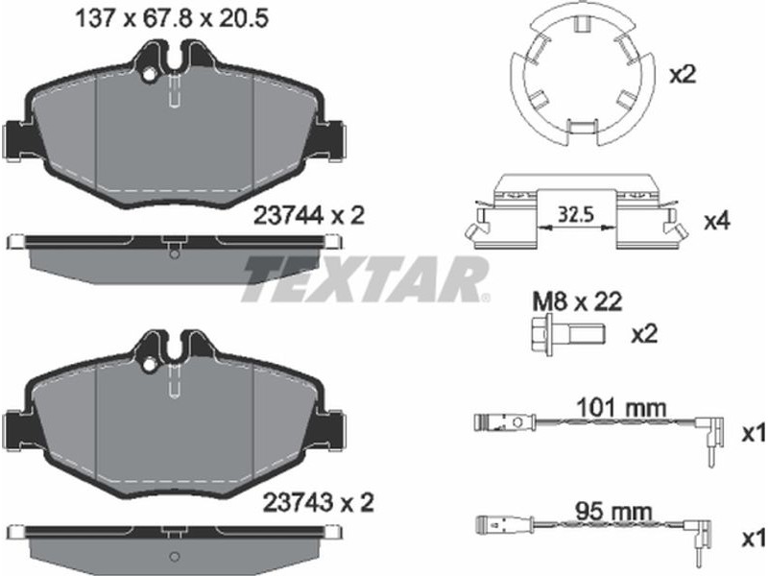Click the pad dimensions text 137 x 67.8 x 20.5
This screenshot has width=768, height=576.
point(172,19)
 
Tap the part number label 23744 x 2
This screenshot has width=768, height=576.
point(309,215)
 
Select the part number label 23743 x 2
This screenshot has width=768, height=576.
point(319,502)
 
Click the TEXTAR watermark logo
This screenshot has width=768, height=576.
point(365,277)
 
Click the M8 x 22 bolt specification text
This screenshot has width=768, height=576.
point(577,301)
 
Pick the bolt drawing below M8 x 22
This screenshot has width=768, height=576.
point(568,334)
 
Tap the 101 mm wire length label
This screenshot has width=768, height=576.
point(621,407)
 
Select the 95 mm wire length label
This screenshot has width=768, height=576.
point(613,513)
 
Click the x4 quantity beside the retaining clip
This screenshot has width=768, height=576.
point(716,222)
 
